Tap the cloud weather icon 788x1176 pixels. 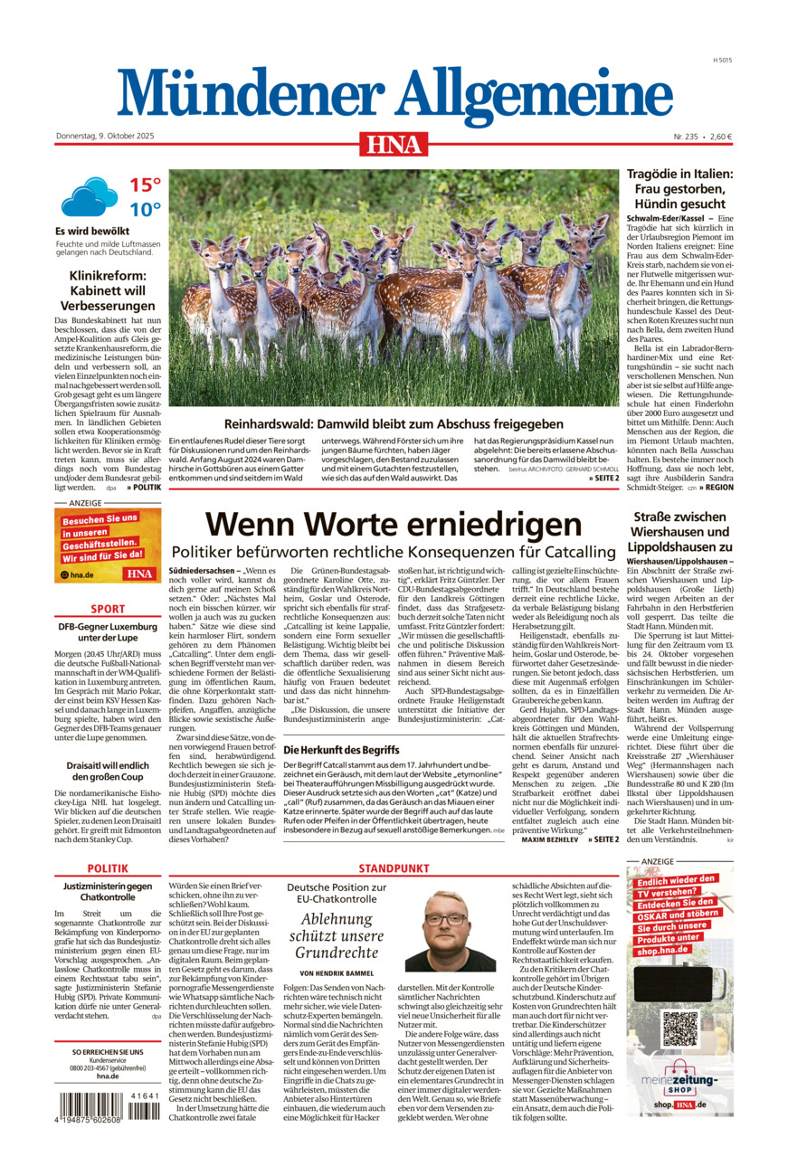89,196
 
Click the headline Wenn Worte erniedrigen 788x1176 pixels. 393,526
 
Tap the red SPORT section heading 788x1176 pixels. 108,610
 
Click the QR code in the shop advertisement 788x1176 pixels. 679,1029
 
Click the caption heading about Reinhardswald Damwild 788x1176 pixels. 393,423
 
